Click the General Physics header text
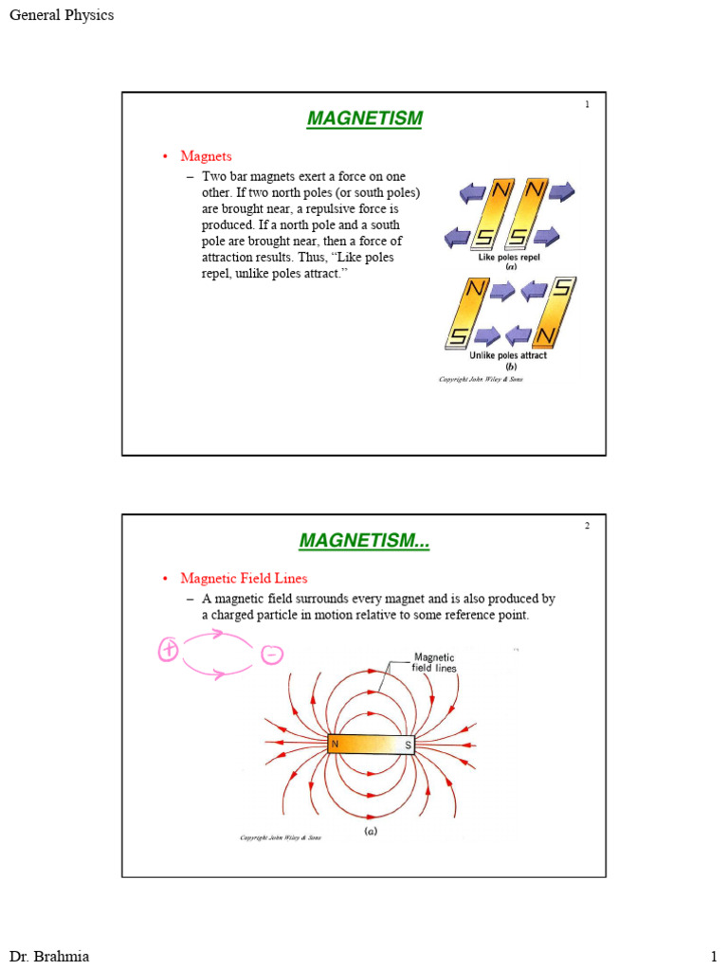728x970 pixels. click(x=62, y=15)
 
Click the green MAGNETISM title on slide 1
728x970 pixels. click(x=364, y=118)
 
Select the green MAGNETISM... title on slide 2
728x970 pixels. click(x=364, y=541)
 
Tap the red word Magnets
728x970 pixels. click(x=206, y=156)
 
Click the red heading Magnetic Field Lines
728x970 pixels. click(x=244, y=578)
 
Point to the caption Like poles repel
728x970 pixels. click(x=510, y=257)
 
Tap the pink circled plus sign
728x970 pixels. click(x=169, y=651)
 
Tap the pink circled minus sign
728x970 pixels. click(x=271, y=655)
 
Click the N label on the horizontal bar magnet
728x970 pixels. click(x=335, y=745)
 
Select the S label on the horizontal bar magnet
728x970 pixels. click(x=409, y=745)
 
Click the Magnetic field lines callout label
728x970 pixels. click(x=434, y=662)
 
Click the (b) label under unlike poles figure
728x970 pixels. click(x=511, y=367)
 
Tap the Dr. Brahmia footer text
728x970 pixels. click(x=49, y=955)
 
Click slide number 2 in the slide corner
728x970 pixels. click(x=587, y=527)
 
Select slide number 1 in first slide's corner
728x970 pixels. click(x=587, y=104)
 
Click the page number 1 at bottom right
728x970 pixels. click(x=714, y=955)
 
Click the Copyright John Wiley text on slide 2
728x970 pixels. click(x=280, y=837)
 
